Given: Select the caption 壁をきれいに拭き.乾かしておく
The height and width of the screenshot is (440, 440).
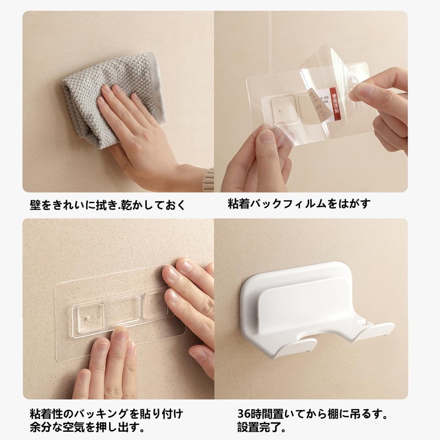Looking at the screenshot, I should pos(108,205).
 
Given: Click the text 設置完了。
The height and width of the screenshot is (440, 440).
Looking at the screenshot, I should pos(255,426).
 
